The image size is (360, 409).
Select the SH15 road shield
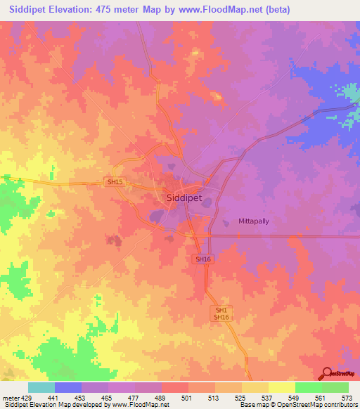[115, 181]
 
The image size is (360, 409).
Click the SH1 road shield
[221, 309]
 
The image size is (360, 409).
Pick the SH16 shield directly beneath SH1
[221, 318]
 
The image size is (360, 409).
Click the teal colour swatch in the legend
[41, 387]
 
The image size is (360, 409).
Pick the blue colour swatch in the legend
[67, 387]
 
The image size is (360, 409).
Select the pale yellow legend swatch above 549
[281, 387]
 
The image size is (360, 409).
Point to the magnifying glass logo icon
[327, 373]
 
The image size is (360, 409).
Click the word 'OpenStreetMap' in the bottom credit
[292, 405]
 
